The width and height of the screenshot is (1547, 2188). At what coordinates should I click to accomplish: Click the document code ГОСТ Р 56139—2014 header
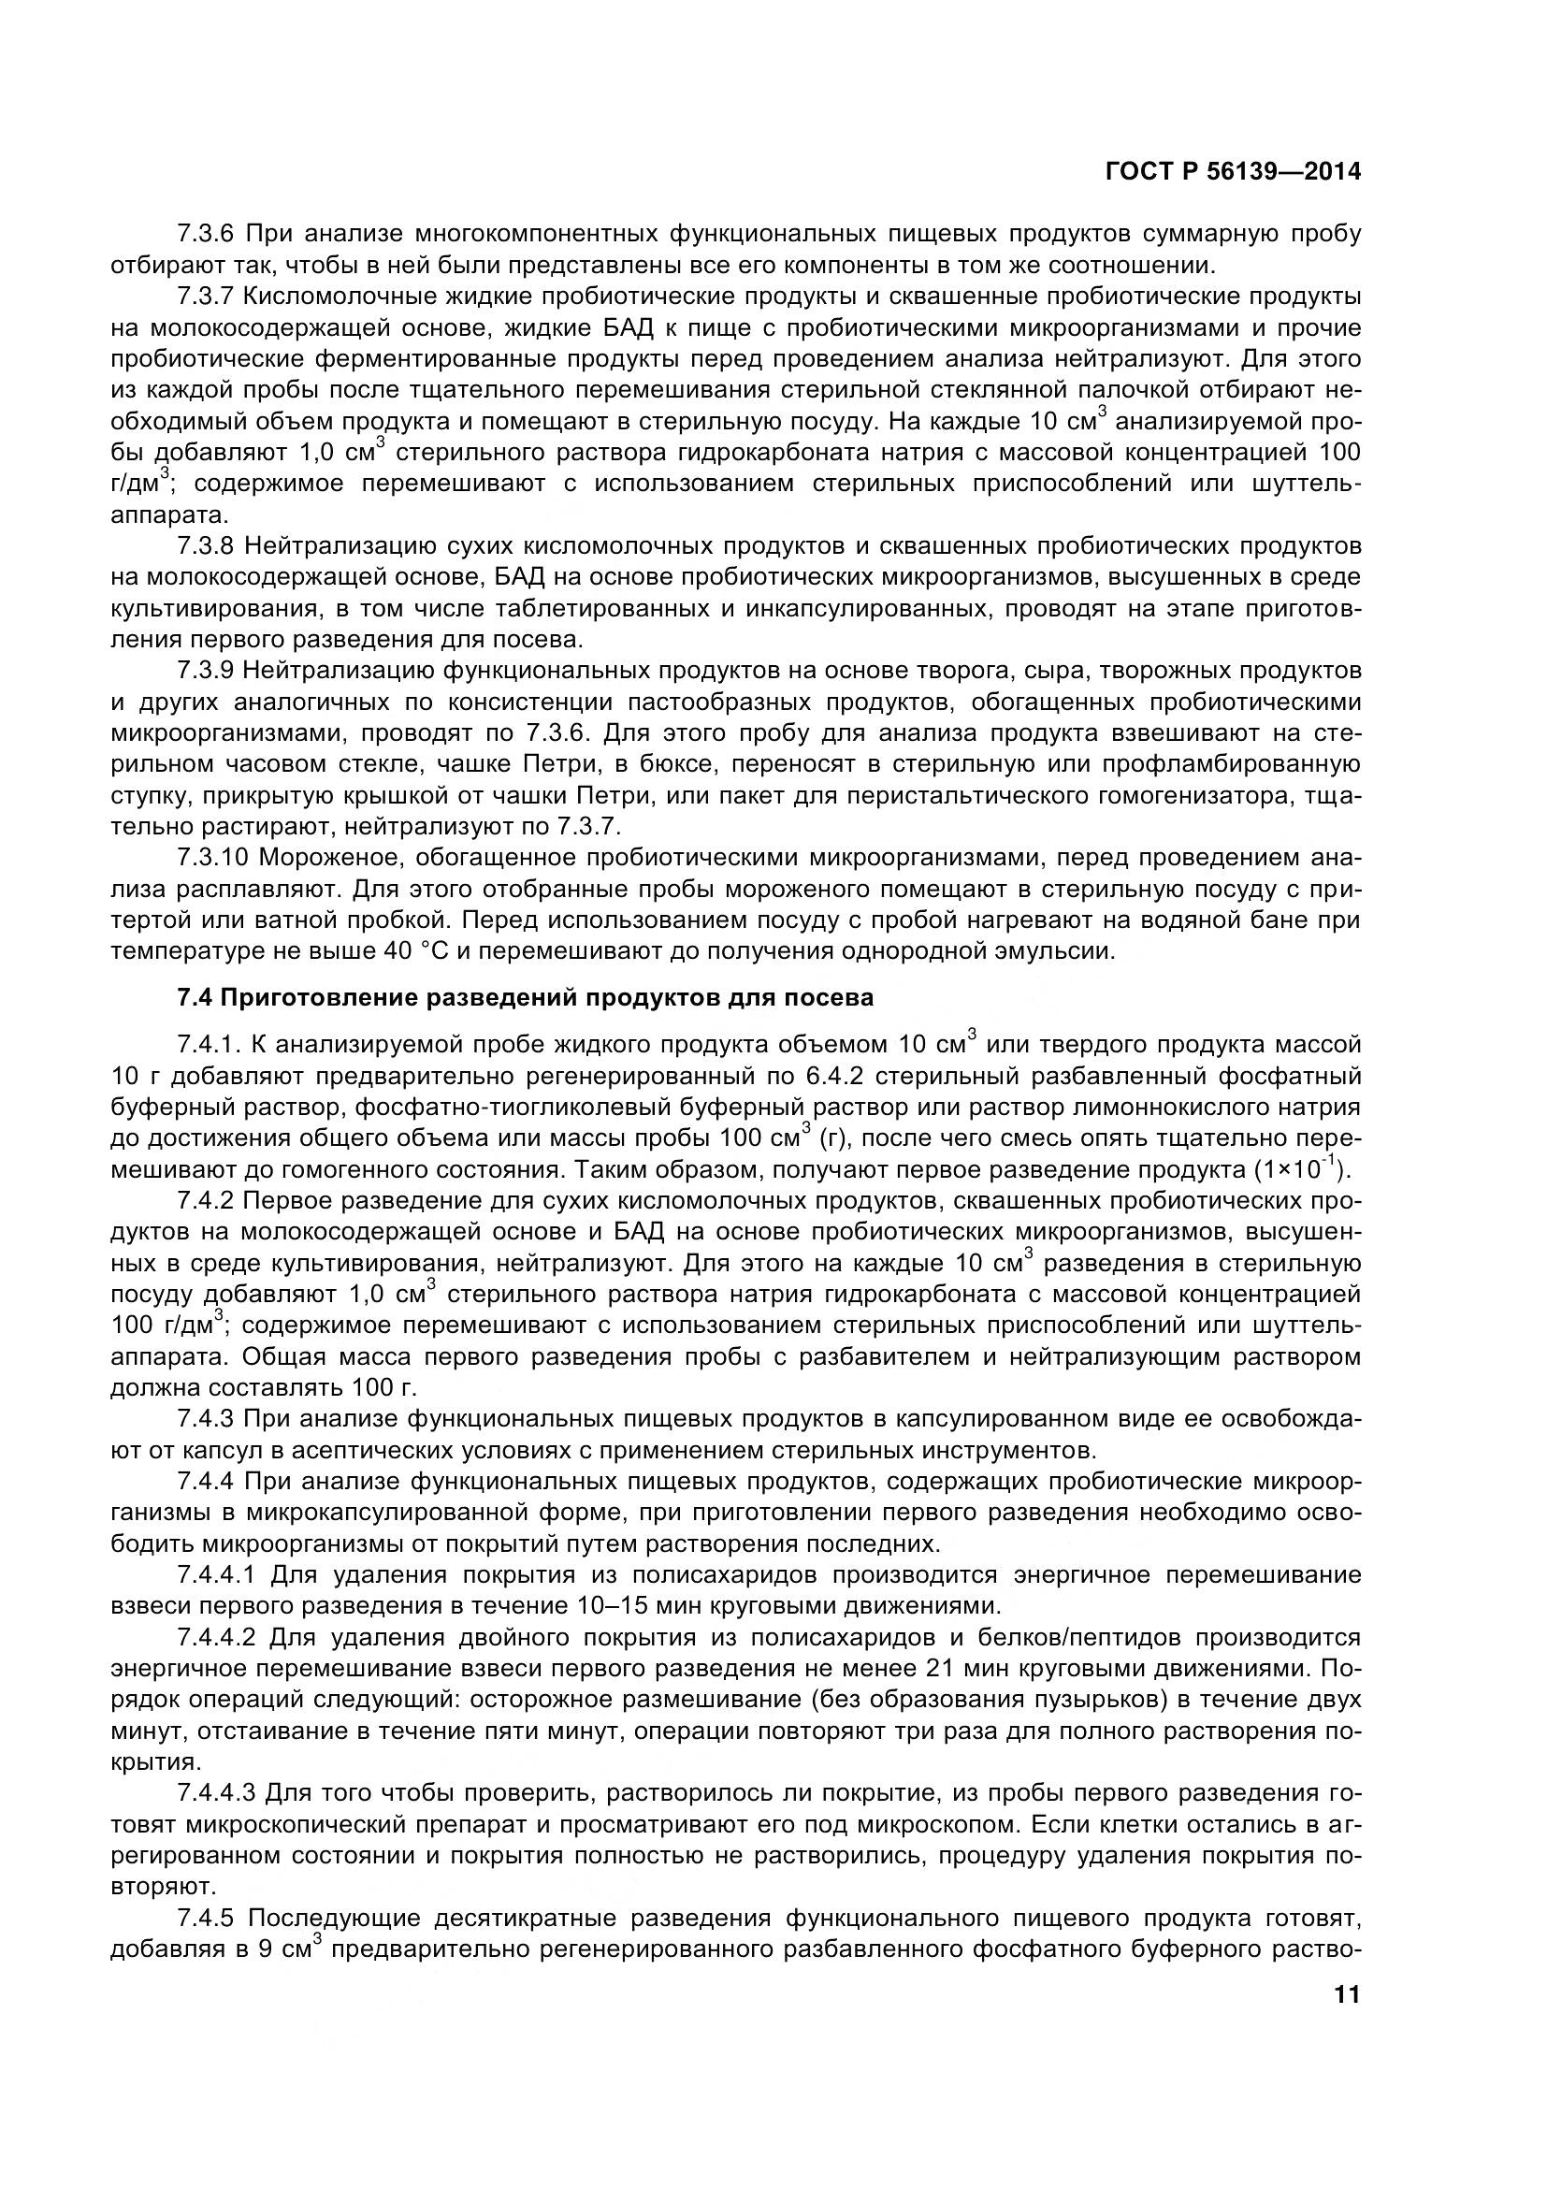coord(1233,171)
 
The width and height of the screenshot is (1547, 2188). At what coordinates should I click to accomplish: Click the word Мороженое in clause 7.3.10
coord(326,858)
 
